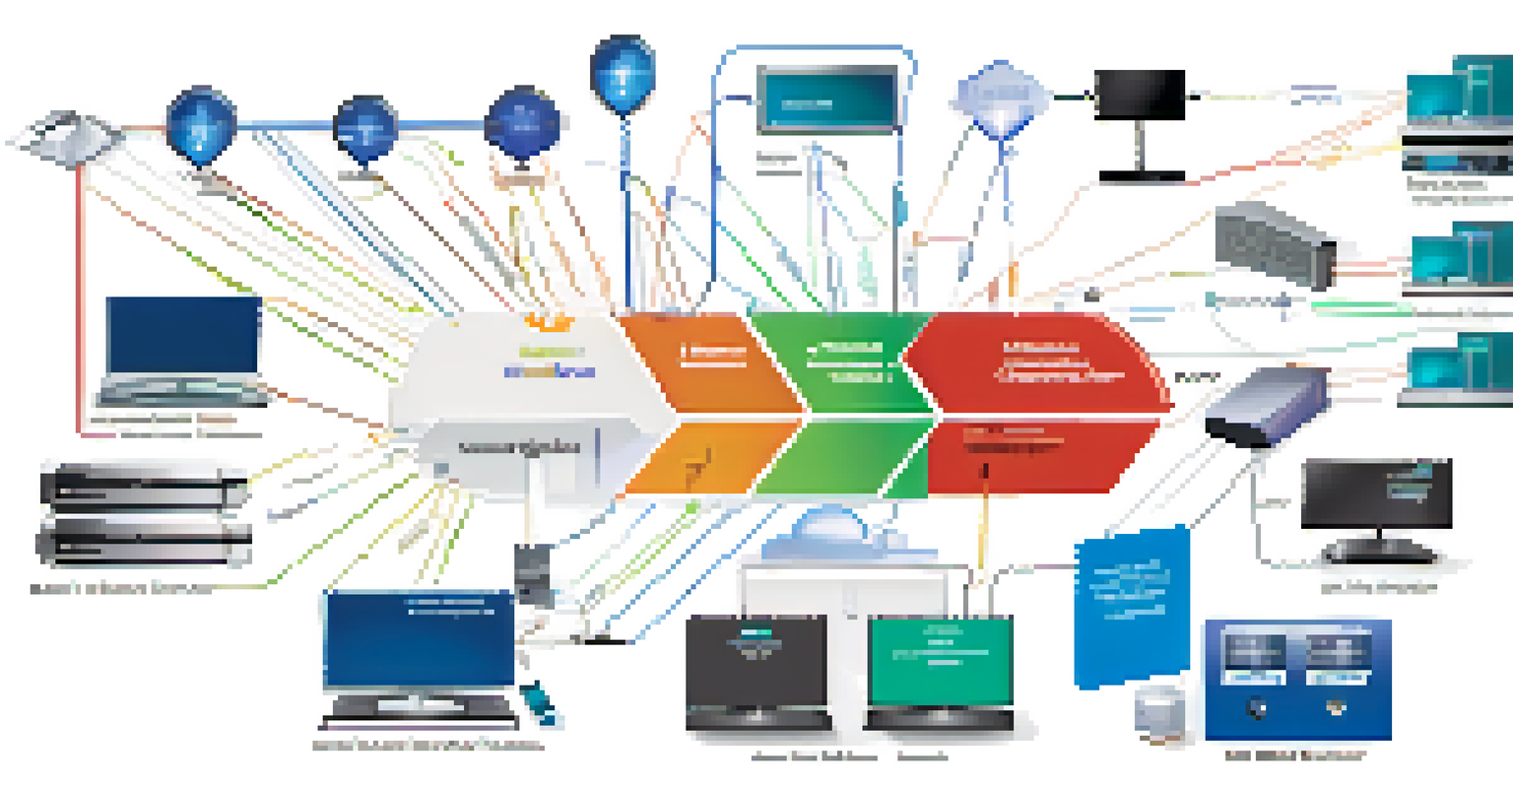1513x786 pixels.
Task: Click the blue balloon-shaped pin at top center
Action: point(622,69)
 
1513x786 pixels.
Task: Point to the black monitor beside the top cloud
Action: point(1140,97)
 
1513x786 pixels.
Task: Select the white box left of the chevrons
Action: point(512,404)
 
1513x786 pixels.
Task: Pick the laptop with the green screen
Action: point(941,670)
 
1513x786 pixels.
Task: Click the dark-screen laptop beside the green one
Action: point(756,670)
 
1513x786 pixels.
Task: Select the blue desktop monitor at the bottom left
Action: point(419,645)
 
